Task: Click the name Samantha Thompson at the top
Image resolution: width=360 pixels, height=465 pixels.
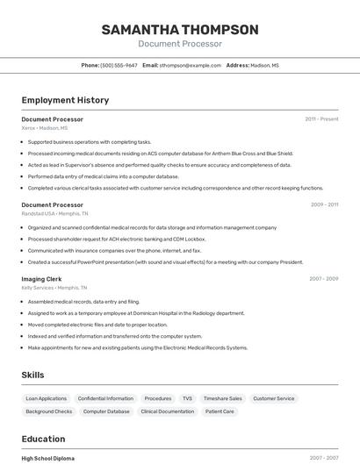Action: coord(180,30)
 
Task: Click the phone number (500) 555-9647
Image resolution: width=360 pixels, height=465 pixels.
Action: coord(119,65)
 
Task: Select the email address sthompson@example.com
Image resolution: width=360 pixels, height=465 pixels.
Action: coord(191,65)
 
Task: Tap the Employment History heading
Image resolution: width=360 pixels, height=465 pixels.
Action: coord(65,100)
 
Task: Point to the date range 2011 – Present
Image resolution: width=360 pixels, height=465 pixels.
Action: coord(321,118)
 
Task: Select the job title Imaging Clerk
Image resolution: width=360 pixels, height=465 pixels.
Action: coord(42,279)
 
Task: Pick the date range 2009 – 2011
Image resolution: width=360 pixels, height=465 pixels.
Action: coord(324,204)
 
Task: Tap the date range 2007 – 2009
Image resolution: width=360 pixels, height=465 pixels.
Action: coord(324,279)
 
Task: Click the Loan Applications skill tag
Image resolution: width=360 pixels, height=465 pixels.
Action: coord(47,398)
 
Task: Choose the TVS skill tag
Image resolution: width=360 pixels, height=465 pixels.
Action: coord(187,398)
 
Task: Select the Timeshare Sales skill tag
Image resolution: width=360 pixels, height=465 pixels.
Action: coord(222,398)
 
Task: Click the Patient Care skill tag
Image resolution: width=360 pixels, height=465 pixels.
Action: coord(220,411)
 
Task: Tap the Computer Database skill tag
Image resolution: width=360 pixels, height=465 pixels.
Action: coord(106,411)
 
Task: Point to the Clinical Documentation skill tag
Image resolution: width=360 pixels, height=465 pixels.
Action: coord(168,411)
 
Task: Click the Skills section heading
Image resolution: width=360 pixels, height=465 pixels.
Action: coord(33,375)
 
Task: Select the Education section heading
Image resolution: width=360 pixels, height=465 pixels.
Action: coord(45,439)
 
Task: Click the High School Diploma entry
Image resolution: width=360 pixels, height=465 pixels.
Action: coord(48,458)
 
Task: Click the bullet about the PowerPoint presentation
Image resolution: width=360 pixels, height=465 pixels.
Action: coord(165,261)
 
